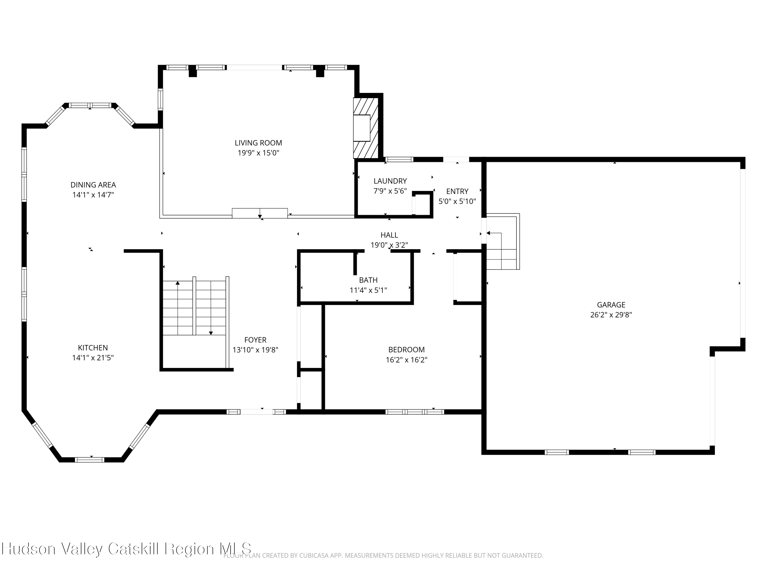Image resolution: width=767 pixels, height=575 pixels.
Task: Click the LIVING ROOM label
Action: (x=258, y=143)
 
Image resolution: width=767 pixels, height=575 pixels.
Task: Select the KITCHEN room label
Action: (x=93, y=348)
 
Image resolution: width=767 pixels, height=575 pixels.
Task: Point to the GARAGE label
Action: (x=611, y=305)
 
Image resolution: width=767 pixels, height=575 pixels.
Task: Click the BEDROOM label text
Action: (x=407, y=350)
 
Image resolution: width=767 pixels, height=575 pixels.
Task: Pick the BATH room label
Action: (x=368, y=280)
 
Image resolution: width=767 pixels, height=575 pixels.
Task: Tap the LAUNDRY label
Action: (x=390, y=181)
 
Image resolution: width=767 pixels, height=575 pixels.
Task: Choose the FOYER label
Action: (x=255, y=340)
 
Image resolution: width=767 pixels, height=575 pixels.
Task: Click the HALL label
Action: (x=389, y=235)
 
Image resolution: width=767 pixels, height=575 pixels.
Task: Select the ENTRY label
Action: (x=457, y=191)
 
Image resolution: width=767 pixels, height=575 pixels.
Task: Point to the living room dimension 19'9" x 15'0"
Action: (x=258, y=153)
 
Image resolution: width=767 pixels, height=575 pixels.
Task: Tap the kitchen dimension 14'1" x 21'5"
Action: (x=93, y=358)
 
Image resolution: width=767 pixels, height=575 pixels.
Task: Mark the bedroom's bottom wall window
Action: (x=415, y=412)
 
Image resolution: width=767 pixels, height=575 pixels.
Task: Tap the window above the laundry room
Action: (x=399, y=159)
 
